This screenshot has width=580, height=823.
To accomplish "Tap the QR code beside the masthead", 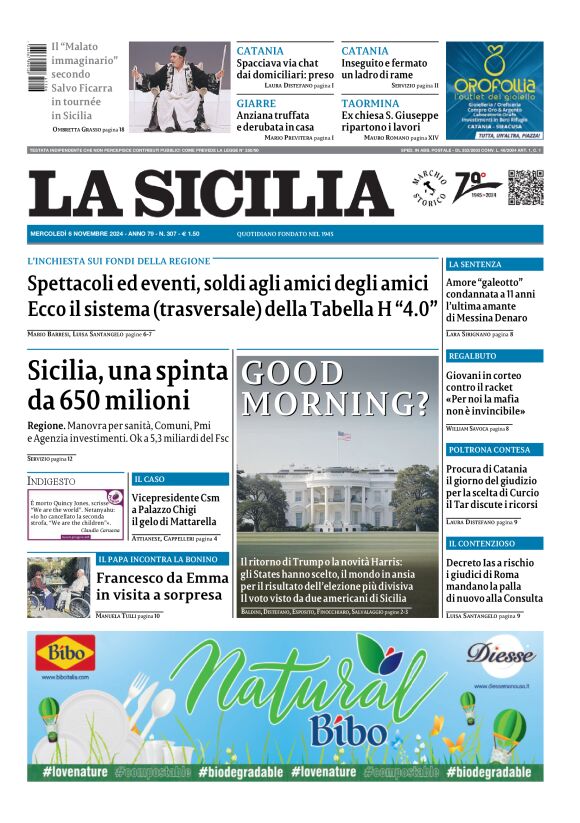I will point(526,189).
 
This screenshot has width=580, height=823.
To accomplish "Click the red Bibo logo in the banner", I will point(66,655).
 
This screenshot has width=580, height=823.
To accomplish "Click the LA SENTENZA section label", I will point(476,264).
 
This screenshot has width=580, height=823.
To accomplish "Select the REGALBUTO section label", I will point(473,356).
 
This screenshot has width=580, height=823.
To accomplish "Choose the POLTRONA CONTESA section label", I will point(489,450).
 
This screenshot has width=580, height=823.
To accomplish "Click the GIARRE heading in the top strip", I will point(257,103).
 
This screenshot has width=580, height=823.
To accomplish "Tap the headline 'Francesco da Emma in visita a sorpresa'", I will point(159,586).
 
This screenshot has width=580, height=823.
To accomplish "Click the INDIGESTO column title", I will point(51,481).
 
